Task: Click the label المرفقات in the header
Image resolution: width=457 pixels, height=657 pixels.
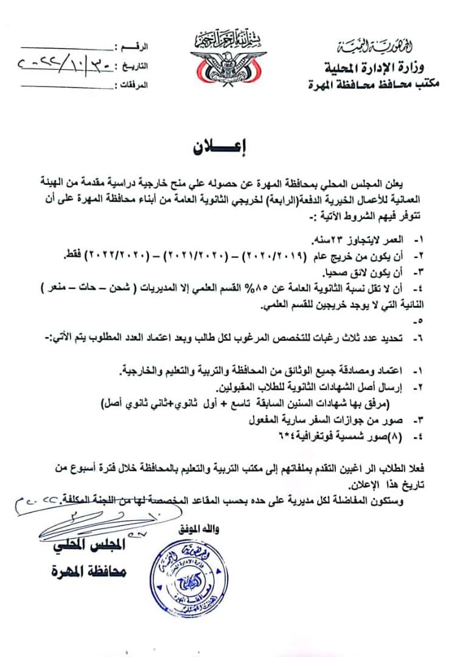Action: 133,85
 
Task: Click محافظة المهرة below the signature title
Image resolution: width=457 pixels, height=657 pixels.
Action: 96,572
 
